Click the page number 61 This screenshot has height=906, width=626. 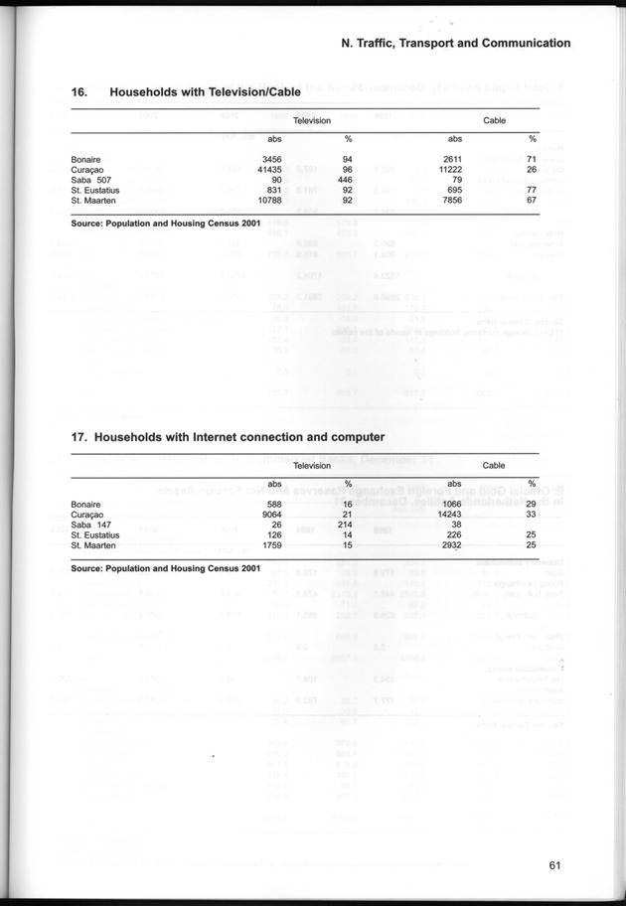[555, 864]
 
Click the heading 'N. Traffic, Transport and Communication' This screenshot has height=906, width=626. [455, 44]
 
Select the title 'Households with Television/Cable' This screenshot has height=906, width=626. [205, 92]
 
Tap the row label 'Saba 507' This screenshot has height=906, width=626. [93, 180]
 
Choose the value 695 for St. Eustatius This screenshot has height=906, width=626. [456, 190]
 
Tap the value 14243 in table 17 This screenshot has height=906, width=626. [452, 515]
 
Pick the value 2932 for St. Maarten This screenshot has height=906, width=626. [454, 545]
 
